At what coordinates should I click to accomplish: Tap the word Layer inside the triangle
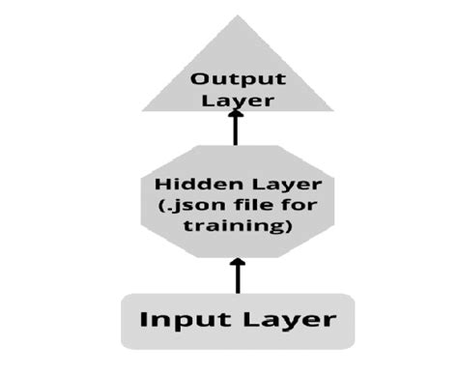235,100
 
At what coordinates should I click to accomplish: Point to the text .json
186,207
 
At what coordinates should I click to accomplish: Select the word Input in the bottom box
178,319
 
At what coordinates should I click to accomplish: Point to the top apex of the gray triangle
237,16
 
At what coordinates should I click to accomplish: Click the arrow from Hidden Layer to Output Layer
235,130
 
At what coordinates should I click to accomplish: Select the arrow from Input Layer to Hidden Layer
237,275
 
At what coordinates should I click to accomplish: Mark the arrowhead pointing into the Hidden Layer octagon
237,262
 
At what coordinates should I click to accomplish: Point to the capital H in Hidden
162,185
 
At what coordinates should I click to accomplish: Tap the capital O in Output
198,80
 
